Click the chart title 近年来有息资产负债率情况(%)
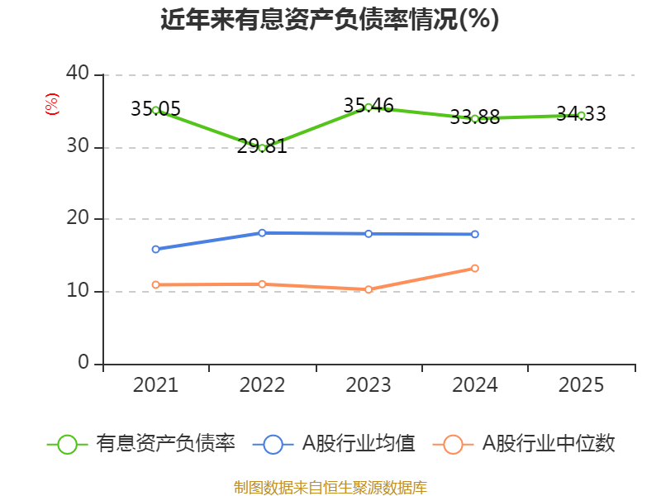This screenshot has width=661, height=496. pos(330,19)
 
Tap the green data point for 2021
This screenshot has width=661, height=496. pos(155,110)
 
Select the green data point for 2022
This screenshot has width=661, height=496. pos(262,147)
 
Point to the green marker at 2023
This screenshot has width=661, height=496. pos(369,107)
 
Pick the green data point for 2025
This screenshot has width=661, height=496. pos(581,115)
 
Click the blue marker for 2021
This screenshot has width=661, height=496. pos(155,249)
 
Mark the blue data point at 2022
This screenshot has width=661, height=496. pos(262,232)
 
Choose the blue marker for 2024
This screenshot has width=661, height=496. pos(475,234)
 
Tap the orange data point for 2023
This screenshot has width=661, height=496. pos(369,289)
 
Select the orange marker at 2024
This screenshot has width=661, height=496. pos(475,268)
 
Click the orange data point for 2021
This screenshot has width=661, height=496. pos(155,284)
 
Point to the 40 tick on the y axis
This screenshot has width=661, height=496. pos(78,74)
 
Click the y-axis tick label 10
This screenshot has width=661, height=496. pos(78,291)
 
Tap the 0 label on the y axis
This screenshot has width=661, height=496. pos(83,362)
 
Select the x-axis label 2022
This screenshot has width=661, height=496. pos(262,385)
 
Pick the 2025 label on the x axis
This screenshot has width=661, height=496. pos(581,385)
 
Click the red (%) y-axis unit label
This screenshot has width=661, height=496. pos(52,104)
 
